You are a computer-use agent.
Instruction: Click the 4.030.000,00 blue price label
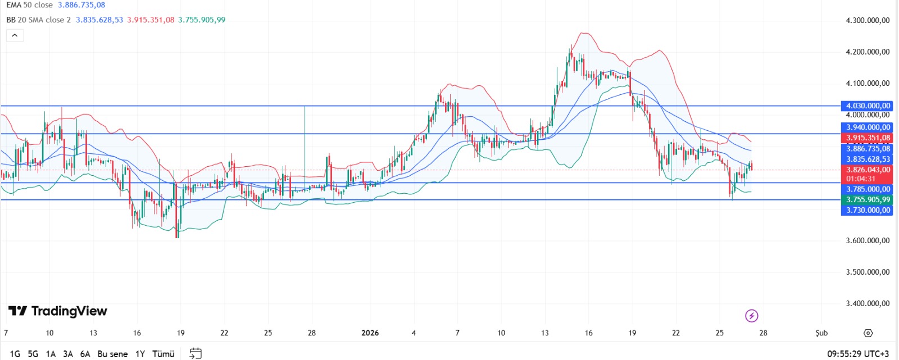(x=868, y=106)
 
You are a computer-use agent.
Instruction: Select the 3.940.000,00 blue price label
(x=868, y=127)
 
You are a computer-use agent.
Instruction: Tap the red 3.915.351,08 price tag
(x=868, y=138)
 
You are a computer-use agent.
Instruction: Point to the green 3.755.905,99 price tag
(x=868, y=199)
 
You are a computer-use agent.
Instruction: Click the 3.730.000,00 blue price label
(x=868, y=210)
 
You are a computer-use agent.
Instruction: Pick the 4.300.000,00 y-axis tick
(x=868, y=20)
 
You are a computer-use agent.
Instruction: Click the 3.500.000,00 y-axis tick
(x=868, y=272)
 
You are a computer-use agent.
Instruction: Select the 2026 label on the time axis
(x=370, y=333)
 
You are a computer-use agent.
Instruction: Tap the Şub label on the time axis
(x=821, y=333)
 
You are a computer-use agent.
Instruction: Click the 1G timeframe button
(x=15, y=354)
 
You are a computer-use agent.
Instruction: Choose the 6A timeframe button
(x=85, y=354)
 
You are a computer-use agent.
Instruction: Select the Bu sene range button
(x=112, y=354)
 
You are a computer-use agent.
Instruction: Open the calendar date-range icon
(x=196, y=353)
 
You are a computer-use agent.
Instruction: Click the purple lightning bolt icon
(x=751, y=316)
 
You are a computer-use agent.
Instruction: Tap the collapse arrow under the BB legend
(x=15, y=35)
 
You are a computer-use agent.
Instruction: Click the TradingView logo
(x=58, y=311)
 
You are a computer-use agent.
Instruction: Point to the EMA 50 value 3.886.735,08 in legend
(x=81, y=5)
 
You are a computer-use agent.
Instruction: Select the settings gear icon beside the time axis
(x=868, y=333)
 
